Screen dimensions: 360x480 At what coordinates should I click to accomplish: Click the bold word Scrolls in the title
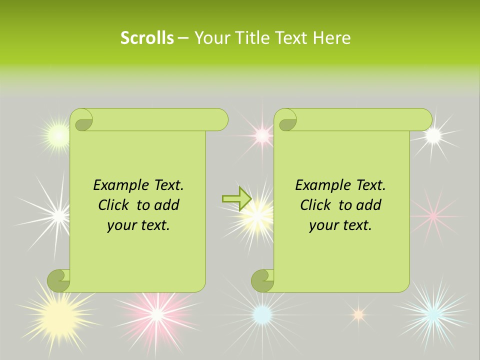[x=147, y=38]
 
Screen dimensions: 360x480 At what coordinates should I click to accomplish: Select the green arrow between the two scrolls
[x=236, y=198]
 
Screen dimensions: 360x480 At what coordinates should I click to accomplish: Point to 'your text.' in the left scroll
[x=138, y=225]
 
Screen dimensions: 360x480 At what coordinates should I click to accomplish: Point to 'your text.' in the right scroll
[x=340, y=225]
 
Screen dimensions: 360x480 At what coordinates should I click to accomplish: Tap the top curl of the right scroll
[x=286, y=120]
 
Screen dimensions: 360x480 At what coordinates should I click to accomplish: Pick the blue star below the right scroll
[x=261, y=314]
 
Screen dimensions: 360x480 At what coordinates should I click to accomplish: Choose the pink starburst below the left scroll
[x=157, y=314]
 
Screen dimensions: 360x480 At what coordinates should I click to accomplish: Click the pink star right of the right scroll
[x=433, y=215]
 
